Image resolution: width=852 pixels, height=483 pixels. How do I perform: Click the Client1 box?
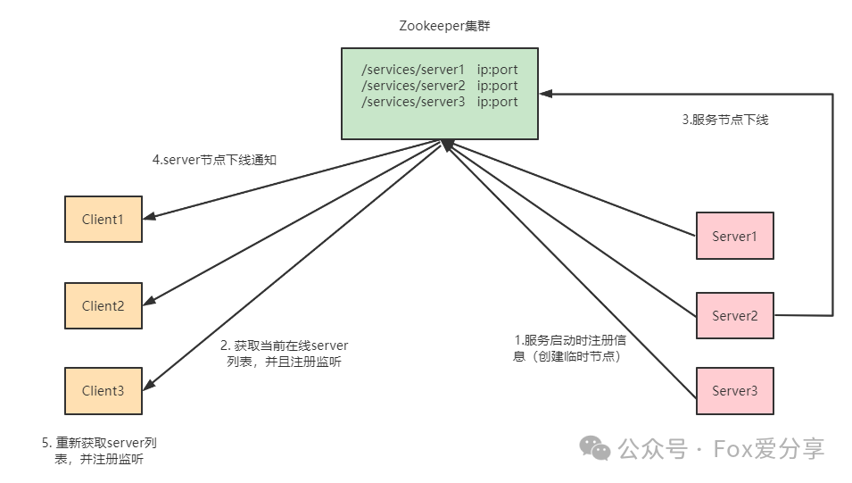pyautogui.click(x=103, y=219)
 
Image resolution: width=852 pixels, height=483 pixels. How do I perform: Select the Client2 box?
pyautogui.click(x=103, y=305)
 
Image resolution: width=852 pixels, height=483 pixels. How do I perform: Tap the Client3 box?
pyautogui.click(x=103, y=390)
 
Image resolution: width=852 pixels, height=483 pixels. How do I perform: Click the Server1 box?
pyautogui.click(x=734, y=237)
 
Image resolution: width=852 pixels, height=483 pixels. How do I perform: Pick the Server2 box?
pyautogui.click(x=734, y=315)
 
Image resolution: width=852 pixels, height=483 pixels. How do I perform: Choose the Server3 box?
pyautogui.click(x=734, y=391)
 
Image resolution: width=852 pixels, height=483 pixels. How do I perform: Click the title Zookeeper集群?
pyautogui.click(x=443, y=26)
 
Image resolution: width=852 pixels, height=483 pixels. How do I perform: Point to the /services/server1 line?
pyautogui.click(x=413, y=70)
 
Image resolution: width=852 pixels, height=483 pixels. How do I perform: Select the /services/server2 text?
pyautogui.click(x=413, y=86)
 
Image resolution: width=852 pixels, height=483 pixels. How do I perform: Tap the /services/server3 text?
pyautogui.click(x=413, y=102)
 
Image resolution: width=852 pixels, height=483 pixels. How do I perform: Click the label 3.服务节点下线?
pyautogui.click(x=719, y=119)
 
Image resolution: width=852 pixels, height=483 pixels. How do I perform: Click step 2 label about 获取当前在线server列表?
pyautogui.click(x=284, y=354)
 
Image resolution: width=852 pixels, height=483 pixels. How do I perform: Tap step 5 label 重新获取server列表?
pyautogui.click(x=99, y=451)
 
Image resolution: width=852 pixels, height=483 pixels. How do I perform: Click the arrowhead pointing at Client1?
pyautogui.click(x=148, y=215)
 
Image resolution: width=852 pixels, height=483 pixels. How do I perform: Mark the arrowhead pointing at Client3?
pyautogui.click(x=148, y=387)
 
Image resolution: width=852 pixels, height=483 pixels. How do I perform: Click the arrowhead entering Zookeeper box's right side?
pyautogui.click(x=546, y=92)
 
